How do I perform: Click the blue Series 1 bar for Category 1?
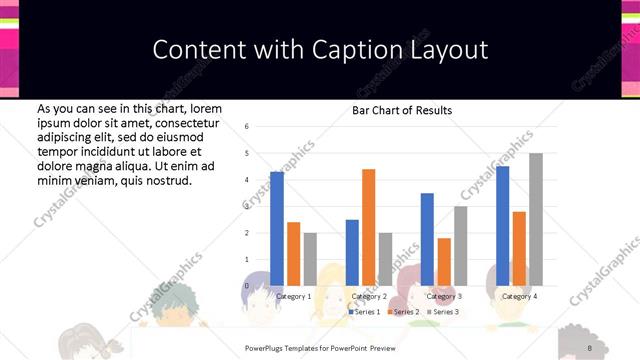(x=277, y=229)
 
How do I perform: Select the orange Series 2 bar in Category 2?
(x=368, y=227)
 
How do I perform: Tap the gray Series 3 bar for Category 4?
(x=535, y=219)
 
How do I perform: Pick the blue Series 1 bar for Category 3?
(x=427, y=239)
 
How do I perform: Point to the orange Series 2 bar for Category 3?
(x=443, y=262)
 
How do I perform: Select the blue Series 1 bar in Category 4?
(x=502, y=226)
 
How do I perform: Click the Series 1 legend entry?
(x=365, y=312)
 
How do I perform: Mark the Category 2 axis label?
(x=368, y=296)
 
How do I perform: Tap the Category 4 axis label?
(x=518, y=296)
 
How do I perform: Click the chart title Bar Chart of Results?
(x=402, y=110)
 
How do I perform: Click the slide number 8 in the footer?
(x=590, y=347)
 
